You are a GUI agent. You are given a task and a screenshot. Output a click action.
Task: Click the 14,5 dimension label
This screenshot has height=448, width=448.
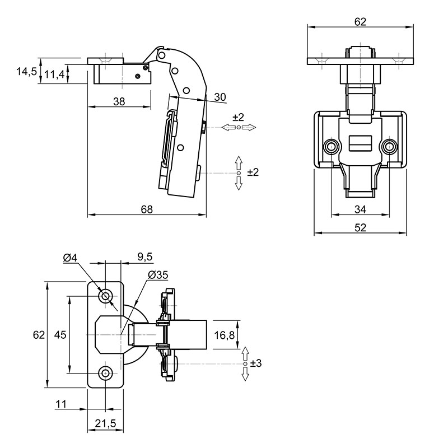click(x=26, y=72)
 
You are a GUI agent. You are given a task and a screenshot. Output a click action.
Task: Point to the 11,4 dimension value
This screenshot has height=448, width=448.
click(x=54, y=76)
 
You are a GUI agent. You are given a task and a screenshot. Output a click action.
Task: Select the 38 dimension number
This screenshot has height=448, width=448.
click(x=119, y=101)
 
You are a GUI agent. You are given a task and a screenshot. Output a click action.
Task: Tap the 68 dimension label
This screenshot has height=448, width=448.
click(x=147, y=209)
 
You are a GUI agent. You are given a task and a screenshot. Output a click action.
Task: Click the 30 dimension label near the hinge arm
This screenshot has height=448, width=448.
click(x=220, y=97)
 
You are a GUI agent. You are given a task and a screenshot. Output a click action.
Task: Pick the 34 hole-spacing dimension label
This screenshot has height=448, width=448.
click(x=360, y=209)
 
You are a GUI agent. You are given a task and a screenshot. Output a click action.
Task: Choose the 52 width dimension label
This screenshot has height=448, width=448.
click(x=360, y=228)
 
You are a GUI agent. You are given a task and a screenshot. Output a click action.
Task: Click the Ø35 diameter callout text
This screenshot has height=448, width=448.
click(x=158, y=275)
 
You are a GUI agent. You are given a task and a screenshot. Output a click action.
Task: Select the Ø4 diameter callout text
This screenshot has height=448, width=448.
click(x=71, y=258)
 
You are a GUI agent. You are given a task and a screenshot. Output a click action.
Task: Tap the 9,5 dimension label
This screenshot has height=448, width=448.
click(x=145, y=257)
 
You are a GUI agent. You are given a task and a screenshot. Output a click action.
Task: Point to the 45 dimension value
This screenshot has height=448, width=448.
click(x=60, y=334)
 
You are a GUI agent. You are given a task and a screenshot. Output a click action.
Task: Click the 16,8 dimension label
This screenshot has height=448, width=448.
click(x=225, y=335)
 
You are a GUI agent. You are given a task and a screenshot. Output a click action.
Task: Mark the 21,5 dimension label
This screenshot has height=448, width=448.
click(x=106, y=423)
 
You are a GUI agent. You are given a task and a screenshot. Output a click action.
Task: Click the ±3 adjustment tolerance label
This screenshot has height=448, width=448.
click(x=256, y=363)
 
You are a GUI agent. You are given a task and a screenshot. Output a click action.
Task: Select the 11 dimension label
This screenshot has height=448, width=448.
click(x=61, y=404)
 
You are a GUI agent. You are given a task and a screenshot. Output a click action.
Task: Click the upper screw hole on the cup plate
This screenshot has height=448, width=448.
click(x=106, y=296)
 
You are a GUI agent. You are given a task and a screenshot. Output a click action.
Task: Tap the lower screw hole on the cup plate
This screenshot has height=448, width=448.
click(x=106, y=373)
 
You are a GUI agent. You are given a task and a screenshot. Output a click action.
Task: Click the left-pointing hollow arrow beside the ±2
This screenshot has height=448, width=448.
click(x=228, y=128)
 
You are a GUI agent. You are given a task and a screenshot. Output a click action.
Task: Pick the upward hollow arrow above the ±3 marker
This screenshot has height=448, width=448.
click(x=245, y=354)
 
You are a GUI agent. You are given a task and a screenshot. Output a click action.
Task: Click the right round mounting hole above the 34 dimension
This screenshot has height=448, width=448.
click(x=389, y=147)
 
